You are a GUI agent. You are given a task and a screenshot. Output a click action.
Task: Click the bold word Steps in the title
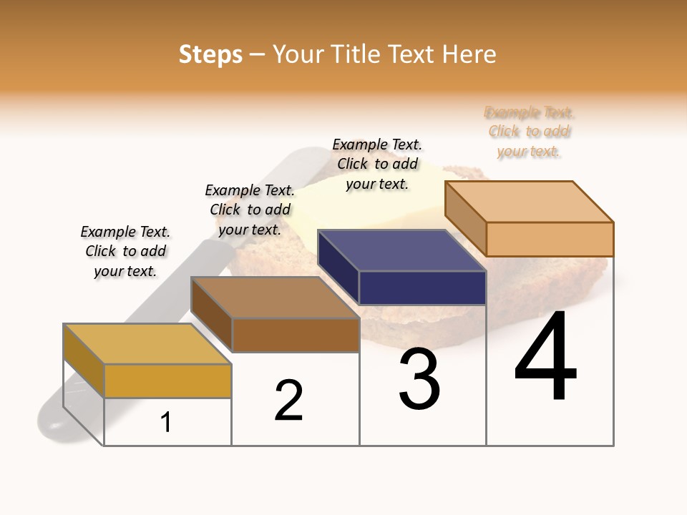[210, 54]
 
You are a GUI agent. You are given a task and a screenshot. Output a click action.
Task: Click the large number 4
[545, 358]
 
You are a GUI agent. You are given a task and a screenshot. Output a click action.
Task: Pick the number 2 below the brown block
[289, 401]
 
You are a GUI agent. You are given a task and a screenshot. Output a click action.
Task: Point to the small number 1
[166, 423]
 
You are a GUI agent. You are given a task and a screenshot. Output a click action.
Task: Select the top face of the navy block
[401, 250]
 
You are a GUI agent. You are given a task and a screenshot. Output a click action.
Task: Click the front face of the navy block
[422, 288]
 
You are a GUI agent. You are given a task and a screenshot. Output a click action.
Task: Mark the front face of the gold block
[167, 381]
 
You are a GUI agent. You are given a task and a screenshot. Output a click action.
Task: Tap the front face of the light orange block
[550, 239]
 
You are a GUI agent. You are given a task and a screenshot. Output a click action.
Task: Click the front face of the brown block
[295, 335]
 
